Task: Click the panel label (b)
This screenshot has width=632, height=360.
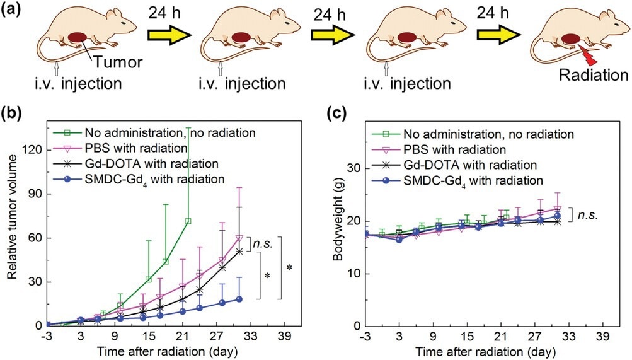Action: (x=13, y=114)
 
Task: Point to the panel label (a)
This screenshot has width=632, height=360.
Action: (x=13, y=11)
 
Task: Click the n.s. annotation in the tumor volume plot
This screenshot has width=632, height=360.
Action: (x=261, y=243)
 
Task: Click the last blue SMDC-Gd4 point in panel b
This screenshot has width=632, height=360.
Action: (x=239, y=299)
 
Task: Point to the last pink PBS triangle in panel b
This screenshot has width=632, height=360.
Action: (x=239, y=238)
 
